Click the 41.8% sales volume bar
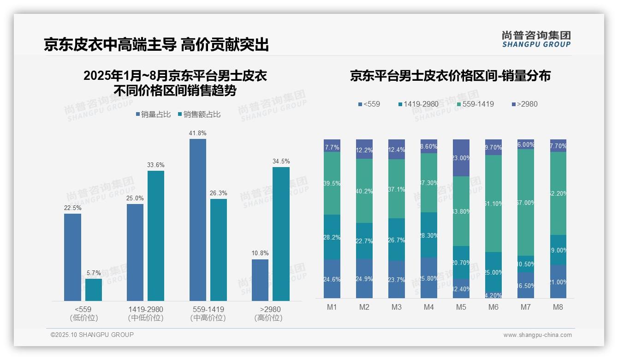point(197,220)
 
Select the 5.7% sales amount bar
point(94,290)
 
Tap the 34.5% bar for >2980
point(281,234)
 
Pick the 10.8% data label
point(260,253)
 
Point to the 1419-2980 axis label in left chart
point(145,309)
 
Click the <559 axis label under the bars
point(83,309)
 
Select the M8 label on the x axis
point(558,307)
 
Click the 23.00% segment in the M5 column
point(461,158)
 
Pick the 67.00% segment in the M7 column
point(526,202)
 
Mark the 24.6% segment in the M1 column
point(332,279)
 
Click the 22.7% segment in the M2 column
point(364,241)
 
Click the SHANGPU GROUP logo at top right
point(536,39)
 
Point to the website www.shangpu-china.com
point(537,335)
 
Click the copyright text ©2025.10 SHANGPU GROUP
point(92,335)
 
